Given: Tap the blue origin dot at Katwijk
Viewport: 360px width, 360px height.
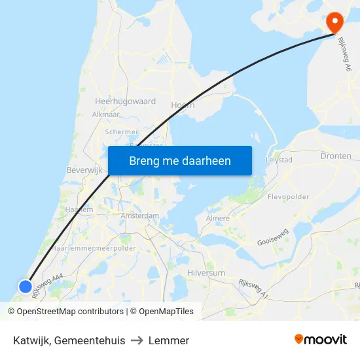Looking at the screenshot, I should (x=25, y=287).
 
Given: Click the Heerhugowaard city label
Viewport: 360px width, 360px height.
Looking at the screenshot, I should (x=125, y=102).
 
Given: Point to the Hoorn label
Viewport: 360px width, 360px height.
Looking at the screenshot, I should (x=183, y=104).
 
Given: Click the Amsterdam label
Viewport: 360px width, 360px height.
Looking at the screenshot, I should (x=140, y=215).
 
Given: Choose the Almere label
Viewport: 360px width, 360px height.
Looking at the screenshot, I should (x=218, y=219).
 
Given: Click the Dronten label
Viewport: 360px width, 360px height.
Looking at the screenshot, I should (x=336, y=156).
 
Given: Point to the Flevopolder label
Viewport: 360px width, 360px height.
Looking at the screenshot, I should (x=288, y=196).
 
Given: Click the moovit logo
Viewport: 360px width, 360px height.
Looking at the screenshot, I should (x=321, y=340).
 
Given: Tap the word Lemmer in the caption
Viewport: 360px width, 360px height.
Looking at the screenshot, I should (x=169, y=340).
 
